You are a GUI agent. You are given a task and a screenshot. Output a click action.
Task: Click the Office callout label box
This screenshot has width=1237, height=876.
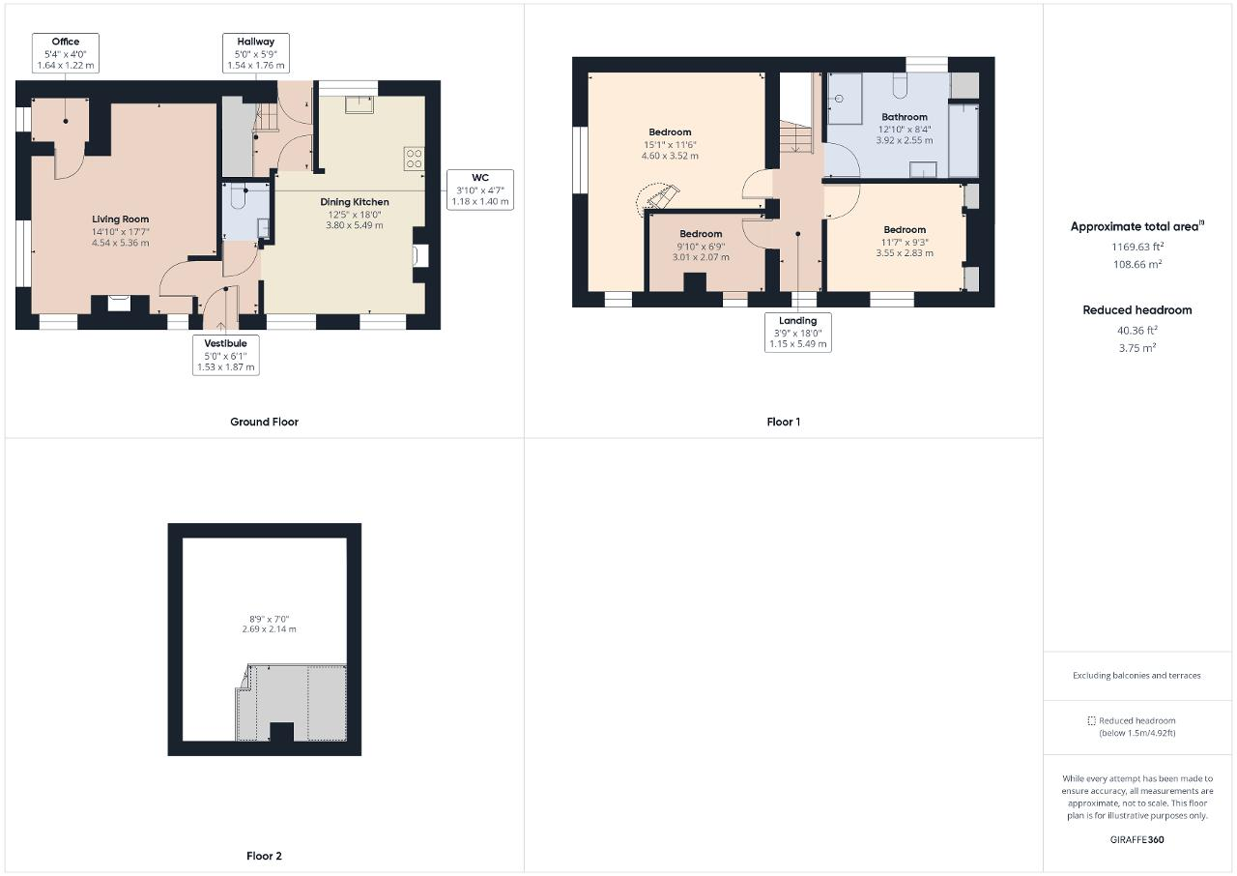click(66, 53)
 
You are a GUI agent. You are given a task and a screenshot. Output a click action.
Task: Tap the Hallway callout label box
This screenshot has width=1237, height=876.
click(256, 53)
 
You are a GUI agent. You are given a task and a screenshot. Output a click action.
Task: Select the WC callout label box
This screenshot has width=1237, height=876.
click(480, 190)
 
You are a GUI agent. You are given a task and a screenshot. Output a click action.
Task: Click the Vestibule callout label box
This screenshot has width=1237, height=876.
click(226, 355)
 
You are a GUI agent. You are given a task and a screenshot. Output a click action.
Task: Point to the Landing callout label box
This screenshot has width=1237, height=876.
click(798, 332)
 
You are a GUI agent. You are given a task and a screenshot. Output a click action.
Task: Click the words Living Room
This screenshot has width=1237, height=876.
click(121, 219)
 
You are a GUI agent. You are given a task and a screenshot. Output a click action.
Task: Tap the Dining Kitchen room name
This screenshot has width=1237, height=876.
click(355, 202)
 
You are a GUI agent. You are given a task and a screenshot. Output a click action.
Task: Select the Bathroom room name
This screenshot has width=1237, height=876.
click(905, 117)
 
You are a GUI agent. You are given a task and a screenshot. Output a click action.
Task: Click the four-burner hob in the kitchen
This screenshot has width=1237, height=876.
click(415, 159)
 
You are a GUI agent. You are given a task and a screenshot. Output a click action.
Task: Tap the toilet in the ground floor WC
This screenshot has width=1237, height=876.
click(238, 197)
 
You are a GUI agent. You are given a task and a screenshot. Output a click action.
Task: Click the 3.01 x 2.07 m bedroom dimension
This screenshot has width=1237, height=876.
click(701, 257)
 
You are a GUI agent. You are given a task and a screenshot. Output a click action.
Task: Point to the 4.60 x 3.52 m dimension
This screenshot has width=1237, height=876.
click(670, 156)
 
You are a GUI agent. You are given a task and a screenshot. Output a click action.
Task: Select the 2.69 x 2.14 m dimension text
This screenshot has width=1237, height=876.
click(269, 629)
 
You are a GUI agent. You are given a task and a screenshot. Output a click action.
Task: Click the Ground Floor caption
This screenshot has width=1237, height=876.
click(265, 422)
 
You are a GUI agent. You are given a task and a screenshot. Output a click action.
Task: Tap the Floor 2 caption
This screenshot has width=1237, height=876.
click(264, 856)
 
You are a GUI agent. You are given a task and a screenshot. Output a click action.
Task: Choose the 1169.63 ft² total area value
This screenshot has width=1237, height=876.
click(1137, 247)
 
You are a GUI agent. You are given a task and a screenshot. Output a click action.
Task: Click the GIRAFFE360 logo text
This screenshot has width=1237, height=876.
click(1137, 839)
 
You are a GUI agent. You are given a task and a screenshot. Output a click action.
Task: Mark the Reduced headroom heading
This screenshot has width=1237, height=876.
click(1137, 310)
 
